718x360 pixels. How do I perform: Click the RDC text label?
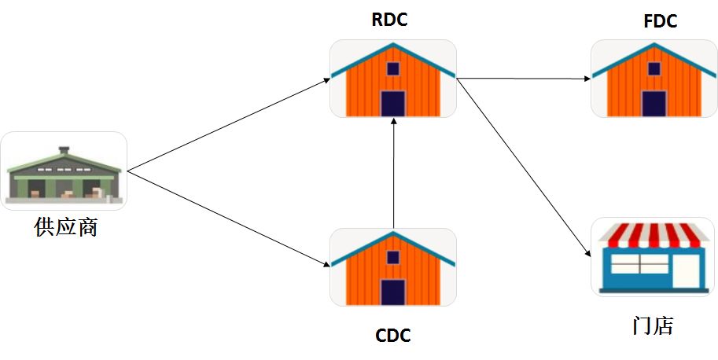[389, 20]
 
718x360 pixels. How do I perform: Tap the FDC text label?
[660, 21]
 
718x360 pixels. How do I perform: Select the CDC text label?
[393, 336]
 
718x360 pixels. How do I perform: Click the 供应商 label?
[66, 228]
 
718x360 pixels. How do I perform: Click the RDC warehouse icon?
[393, 79]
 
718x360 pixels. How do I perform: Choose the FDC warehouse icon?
[654, 79]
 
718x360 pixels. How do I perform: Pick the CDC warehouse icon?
[393, 267]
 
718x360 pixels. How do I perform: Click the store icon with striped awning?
[652, 256]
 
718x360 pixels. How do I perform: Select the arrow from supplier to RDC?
[228, 124]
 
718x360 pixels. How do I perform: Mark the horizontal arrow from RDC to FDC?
[523, 79]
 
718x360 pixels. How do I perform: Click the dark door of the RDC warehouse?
[393, 103]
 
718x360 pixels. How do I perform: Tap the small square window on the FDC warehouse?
[654, 68]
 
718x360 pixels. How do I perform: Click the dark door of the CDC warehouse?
[393, 292]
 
